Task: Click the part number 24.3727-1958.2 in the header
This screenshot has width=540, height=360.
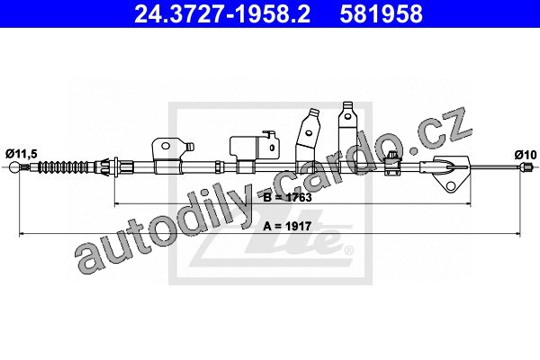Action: (222, 13)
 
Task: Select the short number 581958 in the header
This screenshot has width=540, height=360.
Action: (381, 13)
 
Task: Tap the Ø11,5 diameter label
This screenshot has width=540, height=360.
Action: (21, 154)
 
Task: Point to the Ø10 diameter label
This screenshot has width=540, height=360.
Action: (526, 155)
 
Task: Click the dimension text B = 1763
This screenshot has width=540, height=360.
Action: (287, 197)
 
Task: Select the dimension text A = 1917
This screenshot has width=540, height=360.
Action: (287, 226)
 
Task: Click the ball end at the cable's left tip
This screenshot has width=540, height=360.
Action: (14, 167)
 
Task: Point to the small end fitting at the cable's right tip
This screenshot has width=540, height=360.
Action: (525, 167)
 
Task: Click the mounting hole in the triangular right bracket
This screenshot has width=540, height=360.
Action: (451, 186)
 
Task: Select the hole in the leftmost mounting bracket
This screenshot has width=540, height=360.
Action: (166, 146)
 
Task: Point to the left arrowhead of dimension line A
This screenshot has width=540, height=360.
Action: (22, 234)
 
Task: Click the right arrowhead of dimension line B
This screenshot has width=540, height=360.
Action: (468, 204)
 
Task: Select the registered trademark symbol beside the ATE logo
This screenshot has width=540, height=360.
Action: (349, 250)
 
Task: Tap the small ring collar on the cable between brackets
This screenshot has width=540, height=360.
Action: (219, 167)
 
